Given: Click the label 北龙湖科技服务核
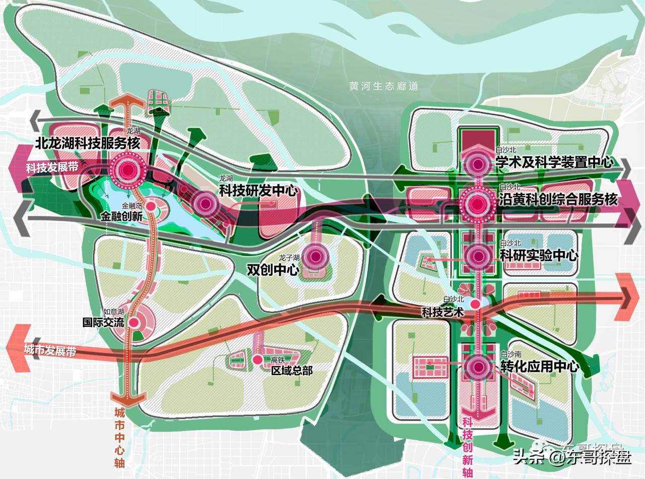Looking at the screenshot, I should [92, 143].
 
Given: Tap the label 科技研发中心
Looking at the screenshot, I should [259, 191].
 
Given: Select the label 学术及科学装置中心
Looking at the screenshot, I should [554, 162].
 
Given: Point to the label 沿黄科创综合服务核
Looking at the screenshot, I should [558, 200].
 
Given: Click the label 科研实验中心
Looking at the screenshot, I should [539, 255].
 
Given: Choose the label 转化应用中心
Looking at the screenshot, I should [540, 367].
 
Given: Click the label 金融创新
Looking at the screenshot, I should [121, 217].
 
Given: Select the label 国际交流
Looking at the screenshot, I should [103, 322].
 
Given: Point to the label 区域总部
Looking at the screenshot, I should [292, 371].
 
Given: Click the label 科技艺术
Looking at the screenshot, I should [442, 312].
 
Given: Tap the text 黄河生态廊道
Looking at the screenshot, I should [384, 86].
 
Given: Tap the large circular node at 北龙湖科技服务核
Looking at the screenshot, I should [127, 170].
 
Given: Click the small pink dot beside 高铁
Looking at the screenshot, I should [258, 360].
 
